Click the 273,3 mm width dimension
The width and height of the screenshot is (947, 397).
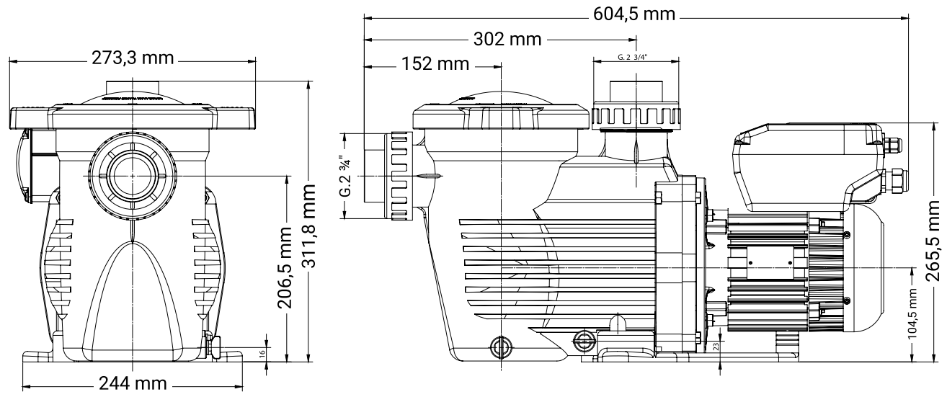[133, 58]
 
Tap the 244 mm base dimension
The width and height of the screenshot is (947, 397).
[133, 384]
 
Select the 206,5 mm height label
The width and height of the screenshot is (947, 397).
[284, 267]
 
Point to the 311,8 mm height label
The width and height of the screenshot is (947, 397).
[308, 226]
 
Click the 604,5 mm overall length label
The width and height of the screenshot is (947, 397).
[634, 14]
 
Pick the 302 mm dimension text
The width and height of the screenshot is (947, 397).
[507, 40]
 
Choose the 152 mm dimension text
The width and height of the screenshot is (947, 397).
[435, 64]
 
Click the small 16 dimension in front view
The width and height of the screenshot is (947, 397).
[262, 352]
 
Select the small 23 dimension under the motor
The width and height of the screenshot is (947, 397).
[716, 347]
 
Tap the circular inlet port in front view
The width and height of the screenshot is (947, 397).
[133, 176]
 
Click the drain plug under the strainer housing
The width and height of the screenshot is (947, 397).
[501, 347]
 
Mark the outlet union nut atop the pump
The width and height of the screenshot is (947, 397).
[636, 115]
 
